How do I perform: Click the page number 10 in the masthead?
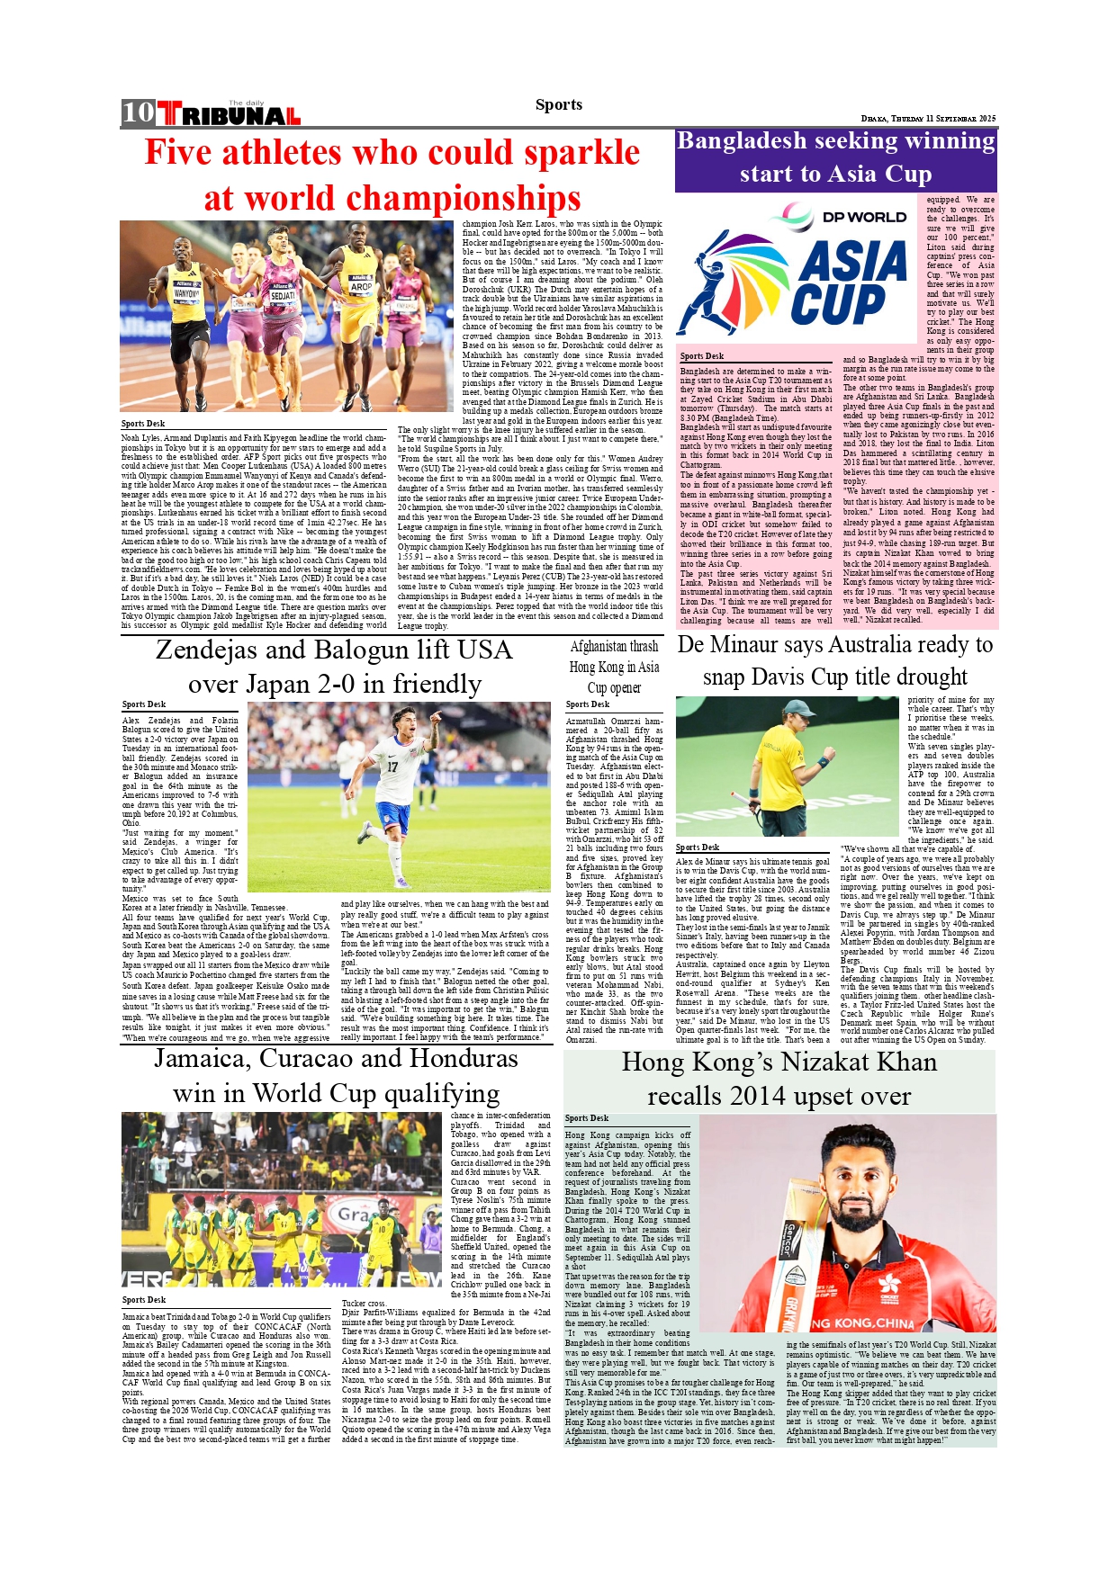pyautogui.click(x=139, y=112)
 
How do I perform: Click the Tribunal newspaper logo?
pyautogui.click(x=230, y=114)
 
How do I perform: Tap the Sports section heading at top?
pyautogui.click(x=558, y=104)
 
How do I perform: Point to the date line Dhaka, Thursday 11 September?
pyautogui.click(x=928, y=119)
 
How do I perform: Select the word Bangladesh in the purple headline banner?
pyautogui.click(x=741, y=141)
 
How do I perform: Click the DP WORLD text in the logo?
pyautogui.click(x=864, y=217)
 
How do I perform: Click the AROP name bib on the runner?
pyautogui.click(x=361, y=286)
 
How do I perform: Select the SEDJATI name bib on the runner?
pyautogui.click(x=283, y=295)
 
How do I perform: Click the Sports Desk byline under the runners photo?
pyautogui.click(x=143, y=423)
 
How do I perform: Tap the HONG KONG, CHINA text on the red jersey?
pyautogui.click(x=862, y=1323)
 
